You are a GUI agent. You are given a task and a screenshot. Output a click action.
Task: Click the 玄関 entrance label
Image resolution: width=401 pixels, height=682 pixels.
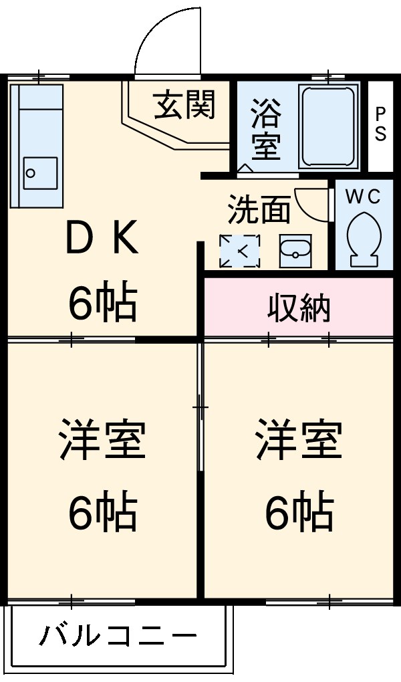[185, 105]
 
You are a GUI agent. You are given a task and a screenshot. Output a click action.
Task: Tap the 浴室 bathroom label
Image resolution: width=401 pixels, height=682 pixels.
[266, 129]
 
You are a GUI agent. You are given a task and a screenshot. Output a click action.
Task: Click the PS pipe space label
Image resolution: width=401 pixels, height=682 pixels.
[380, 124]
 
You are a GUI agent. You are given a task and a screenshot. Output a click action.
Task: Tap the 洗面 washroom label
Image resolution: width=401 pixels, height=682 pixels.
[259, 210]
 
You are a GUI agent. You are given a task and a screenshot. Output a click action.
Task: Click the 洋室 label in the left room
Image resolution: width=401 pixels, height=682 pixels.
[102, 439]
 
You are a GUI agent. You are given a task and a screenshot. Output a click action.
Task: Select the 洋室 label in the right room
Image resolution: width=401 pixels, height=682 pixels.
[299, 439]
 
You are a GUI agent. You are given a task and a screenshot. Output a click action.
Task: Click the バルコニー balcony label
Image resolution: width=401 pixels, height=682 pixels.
[118, 635]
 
